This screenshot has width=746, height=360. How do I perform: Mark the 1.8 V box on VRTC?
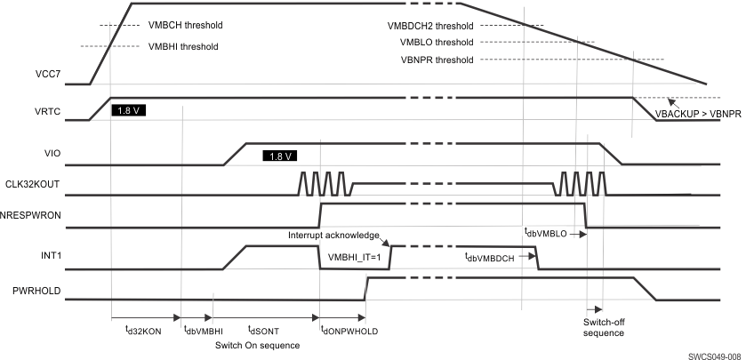pos(129,111)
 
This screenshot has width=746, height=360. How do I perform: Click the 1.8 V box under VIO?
pos(279,155)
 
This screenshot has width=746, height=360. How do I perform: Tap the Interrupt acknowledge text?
pos(333,235)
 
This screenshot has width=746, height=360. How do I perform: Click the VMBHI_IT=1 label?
pos(353,257)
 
